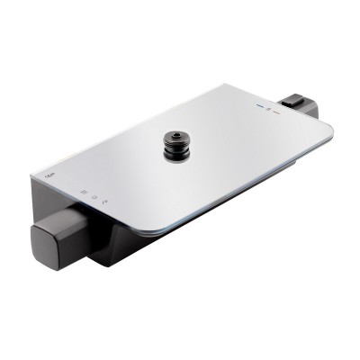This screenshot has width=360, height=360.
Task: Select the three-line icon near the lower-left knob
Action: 83,192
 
